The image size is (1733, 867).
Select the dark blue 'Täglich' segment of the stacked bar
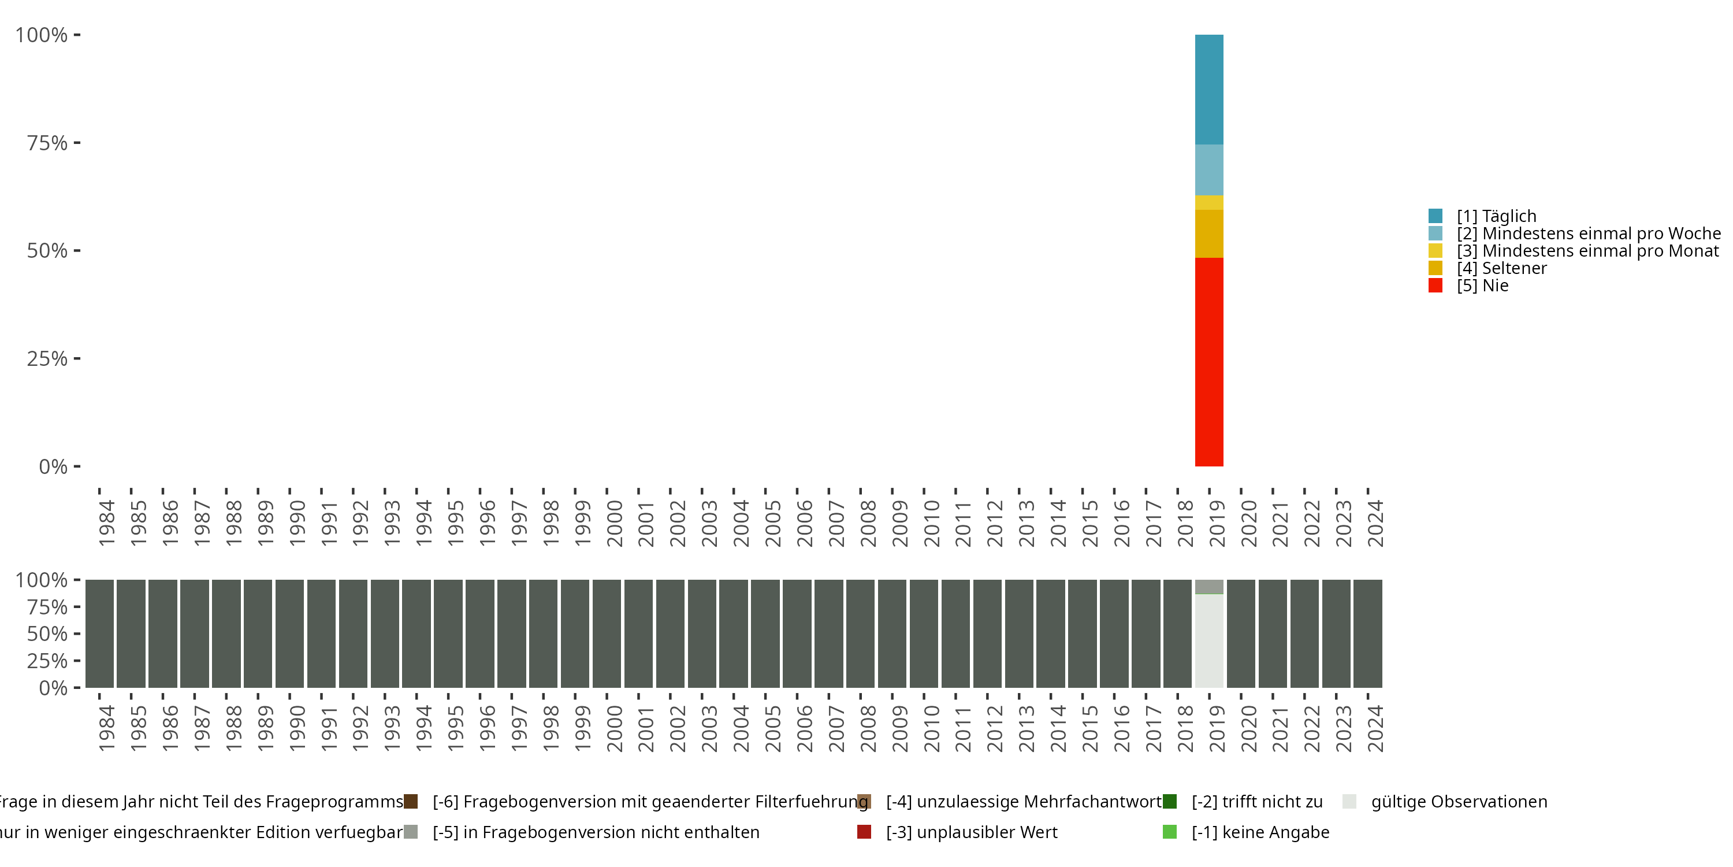click(x=1209, y=89)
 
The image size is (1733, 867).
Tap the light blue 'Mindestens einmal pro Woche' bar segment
click(x=1209, y=169)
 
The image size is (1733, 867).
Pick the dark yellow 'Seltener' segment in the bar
click(x=1209, y=234)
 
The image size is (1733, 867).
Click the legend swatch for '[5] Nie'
click(x=1435, y=286)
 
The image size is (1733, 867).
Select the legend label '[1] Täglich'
click(x=1496, y=216)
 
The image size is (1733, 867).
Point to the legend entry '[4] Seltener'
click(x=1501, y=268)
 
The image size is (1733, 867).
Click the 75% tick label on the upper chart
click(x=47, y=143)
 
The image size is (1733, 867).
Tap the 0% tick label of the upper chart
click(x=53, y=466)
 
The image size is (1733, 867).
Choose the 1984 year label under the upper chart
click(x=106, y=523)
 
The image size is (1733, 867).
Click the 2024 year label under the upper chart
click(x=1375, y=523)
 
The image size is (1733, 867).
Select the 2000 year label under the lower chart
click(x=614, y=728)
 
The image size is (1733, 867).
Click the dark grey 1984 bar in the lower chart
click(x=99, y=633)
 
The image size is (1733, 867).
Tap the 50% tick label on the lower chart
click(x=47, y=634)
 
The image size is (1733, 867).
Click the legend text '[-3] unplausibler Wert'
click(x=972, y=832)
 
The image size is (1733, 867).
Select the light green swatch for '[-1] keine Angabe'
click(x=1169, y=832)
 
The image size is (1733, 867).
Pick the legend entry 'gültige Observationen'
click(x=1459, y=802)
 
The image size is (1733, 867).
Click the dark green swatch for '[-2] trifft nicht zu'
click(x=1169, y=802)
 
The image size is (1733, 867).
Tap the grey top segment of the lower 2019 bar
click(x=1209, y=586)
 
